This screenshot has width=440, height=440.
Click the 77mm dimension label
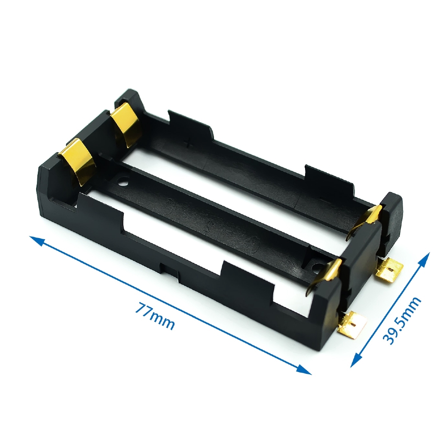pos(156,316)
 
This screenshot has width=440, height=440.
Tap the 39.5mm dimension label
pos(402,320)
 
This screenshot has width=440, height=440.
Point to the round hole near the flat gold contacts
pos(124,183)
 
